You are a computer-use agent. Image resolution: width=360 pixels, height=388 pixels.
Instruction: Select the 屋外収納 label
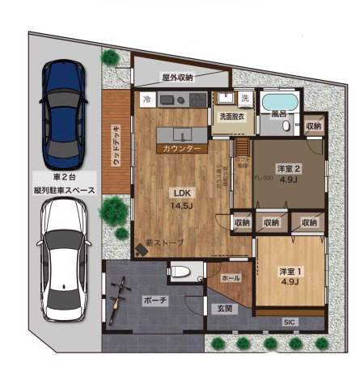177,78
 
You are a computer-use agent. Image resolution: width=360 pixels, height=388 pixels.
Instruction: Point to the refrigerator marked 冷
146,99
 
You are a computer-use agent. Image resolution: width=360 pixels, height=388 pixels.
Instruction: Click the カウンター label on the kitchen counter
182,149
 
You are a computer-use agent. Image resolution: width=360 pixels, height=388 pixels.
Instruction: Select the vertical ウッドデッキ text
116,145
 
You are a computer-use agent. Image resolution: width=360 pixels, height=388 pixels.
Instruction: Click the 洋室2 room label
289,175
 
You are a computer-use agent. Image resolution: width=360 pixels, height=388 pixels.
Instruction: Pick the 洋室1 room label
289,276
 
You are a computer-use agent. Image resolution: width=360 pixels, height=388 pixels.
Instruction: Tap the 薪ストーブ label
165,242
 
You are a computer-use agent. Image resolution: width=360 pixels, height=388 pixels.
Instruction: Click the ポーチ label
154,301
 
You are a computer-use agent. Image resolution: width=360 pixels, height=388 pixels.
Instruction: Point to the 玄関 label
223,308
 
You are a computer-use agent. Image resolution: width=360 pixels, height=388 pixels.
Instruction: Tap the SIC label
289,322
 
